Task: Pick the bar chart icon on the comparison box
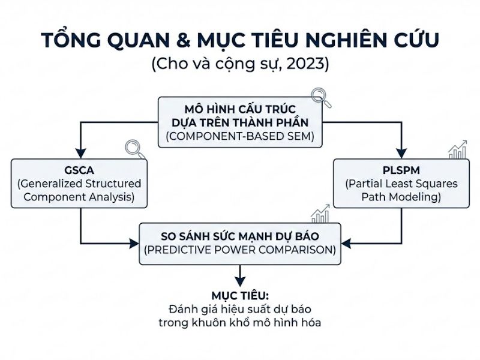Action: (320, 212)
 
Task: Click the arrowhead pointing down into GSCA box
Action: (80, 154)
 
